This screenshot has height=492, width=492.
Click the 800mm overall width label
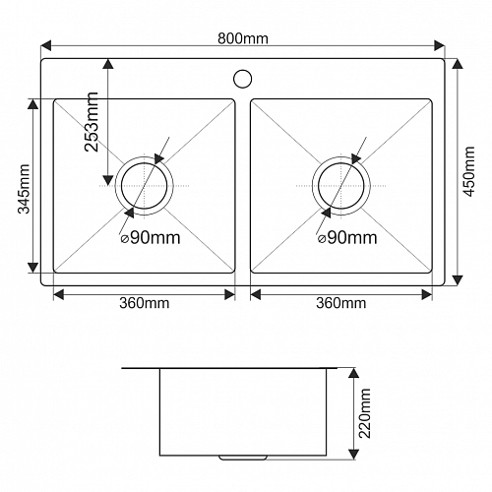tap(243, 38)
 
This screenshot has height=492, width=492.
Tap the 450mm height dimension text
tap(469, 171)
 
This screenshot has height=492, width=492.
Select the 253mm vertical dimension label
tap(92, 122)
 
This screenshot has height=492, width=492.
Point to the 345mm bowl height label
tap(24, 189)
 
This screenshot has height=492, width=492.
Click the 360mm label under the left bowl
tap(145, 303)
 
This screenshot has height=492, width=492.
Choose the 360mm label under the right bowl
tap(341, 303)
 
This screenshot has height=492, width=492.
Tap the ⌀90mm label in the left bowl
tap(151, 238)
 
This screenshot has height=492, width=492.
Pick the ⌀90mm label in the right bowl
tap(347, 238)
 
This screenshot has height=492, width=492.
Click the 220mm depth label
tap(365, 413)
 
